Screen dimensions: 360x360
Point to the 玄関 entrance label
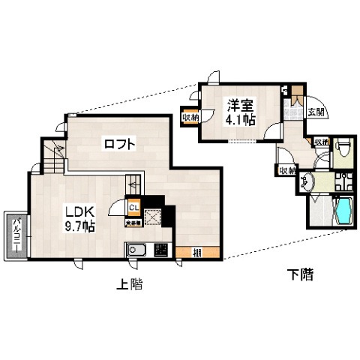click(x=316, y=112)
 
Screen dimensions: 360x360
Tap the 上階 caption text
click(x=130, y=284)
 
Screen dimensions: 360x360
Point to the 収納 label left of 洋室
click(x=190, y=117)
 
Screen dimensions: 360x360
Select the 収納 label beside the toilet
click(x=321, y=142)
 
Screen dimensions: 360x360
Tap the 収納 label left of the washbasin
click(x=286, y=171)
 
